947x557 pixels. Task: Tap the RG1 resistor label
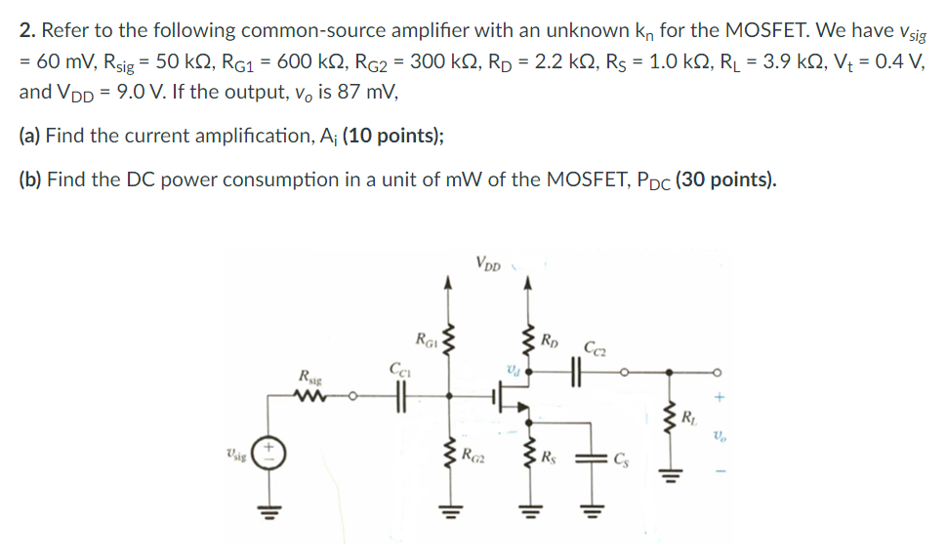pyautogui.click(x=427, y=338)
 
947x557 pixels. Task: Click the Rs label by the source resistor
pyautogui.click(x=553, y=454)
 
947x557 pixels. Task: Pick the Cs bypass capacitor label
pyautogui.click(x=622, y=456)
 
